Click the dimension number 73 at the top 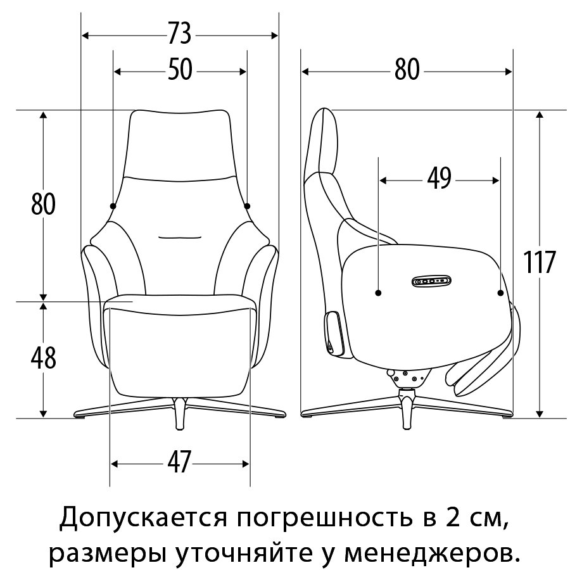[180, 34]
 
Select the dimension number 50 [180, 70]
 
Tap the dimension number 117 [539, 262]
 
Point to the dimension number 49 [440, 179]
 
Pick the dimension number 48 [43, 358]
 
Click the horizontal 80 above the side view [407, 70]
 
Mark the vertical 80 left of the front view [43, 204]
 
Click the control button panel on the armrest [431, 281]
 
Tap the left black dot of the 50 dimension [113, 206]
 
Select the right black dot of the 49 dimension [500, 293]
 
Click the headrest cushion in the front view [180, 144]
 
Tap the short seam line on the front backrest [180, 237]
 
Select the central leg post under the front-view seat [180, 414]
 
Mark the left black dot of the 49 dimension [379, 293]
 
